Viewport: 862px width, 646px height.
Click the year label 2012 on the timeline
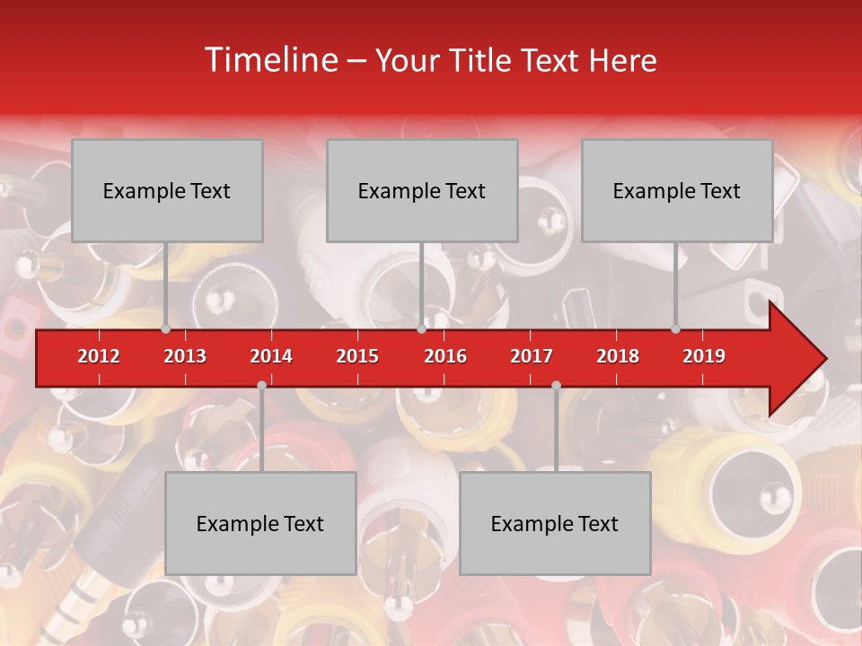[99, 356]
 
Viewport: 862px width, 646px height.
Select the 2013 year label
[185, 356]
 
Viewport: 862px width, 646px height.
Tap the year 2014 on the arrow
[271, 356]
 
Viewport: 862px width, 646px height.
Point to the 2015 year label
[357, 356]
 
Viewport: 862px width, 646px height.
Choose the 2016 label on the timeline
[445, 356]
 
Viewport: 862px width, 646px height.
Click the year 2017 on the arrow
[532, 356]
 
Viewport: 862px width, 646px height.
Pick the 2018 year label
[618, 356]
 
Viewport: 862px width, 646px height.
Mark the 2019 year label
[704, 356]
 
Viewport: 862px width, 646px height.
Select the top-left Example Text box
[167, 190]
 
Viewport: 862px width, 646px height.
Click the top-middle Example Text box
[422, 190]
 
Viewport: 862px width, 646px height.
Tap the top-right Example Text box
[677, 190]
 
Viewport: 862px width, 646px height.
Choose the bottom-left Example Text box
[260, 523]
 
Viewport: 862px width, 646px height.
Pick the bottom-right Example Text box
[555, 523]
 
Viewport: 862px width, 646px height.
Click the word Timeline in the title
[269, 60]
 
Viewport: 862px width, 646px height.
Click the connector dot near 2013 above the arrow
[165, 328]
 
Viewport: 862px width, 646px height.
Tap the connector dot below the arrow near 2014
[261, 385]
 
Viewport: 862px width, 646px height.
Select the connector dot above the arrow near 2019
[675, 328]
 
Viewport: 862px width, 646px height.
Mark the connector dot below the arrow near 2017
[556, 385]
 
